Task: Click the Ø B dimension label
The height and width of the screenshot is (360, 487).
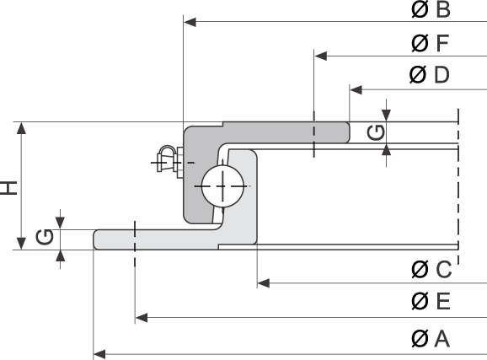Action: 431,9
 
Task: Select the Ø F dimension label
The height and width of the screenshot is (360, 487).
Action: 431,43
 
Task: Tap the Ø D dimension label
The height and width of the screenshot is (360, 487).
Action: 430,74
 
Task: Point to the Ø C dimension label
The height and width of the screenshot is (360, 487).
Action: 431,269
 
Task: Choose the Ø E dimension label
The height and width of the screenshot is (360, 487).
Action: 431,301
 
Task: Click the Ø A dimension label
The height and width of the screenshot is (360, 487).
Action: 431,338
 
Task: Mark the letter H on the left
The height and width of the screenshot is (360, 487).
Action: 8,187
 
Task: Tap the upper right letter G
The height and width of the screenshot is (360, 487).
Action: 376,132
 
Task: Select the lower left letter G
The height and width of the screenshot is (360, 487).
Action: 45,237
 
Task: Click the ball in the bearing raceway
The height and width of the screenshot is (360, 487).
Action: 222,186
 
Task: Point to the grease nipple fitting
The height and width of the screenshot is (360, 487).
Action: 170,162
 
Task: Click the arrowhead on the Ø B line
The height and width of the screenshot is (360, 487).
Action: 190,22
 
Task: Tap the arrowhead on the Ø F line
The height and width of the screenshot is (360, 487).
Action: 321,56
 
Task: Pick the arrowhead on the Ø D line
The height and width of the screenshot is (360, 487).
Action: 356,90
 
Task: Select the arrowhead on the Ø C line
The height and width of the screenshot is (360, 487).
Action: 264,283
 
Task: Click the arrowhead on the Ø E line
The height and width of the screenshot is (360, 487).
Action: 142,318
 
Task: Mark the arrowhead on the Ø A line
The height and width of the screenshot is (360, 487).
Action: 99,354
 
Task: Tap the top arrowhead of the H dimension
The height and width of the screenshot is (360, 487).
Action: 21,128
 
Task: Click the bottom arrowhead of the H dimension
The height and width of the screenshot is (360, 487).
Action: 21,243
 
